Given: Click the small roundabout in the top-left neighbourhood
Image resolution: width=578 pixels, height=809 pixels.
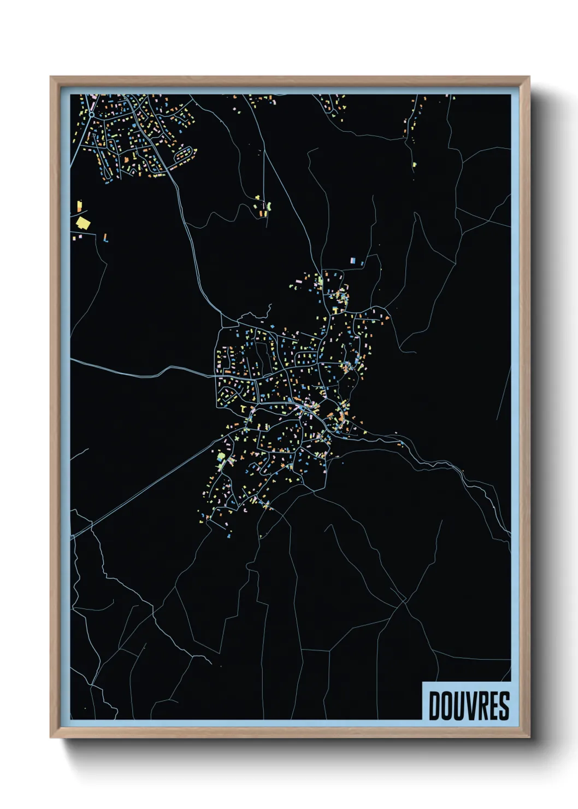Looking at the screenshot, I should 92,115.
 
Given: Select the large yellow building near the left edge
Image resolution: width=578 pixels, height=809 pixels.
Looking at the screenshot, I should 83,222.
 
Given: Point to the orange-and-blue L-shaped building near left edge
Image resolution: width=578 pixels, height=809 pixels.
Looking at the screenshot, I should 105,238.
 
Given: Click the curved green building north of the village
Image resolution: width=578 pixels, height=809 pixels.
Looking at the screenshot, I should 269,206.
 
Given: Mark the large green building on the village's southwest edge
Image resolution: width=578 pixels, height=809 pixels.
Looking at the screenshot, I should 221,456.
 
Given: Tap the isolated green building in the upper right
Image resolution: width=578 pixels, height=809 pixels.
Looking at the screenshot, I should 414,164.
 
